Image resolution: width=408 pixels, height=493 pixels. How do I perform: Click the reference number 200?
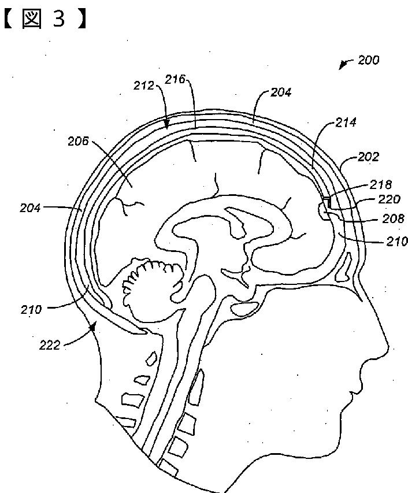pos(368,60)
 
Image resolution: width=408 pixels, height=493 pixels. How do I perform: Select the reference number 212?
pos(143,86)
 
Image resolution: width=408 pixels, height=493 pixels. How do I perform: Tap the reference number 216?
pos(175,79)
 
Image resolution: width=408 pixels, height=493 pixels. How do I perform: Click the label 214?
pos(346,123)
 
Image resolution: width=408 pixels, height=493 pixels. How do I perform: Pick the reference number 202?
pos(368,156)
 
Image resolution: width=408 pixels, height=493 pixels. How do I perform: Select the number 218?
pos(381,185)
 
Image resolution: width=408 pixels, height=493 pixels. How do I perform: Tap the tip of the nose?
pos(389,351)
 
